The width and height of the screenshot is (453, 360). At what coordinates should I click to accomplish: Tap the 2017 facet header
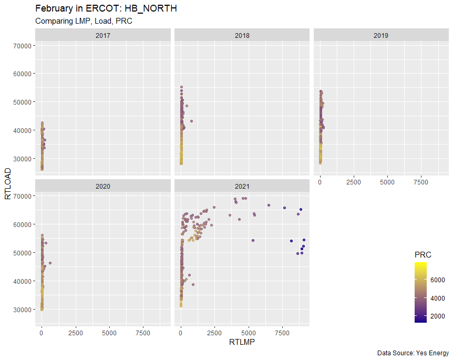coord(103,36)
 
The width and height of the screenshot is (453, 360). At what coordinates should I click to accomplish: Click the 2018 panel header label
coord(242,36)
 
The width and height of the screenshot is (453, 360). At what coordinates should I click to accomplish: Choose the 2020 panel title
coord(103,186)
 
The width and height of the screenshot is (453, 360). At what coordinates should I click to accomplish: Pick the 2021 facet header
coord(242,186)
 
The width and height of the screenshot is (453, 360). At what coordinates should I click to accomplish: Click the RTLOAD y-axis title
coord(8,184)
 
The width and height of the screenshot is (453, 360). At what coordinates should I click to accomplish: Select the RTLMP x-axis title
coord(242,342)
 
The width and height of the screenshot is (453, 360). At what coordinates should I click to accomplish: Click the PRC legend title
coord(423,255)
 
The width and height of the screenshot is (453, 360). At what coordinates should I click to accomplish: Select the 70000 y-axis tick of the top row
coord(21,46)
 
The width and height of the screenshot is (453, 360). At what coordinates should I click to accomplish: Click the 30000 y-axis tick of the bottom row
coord(21,310)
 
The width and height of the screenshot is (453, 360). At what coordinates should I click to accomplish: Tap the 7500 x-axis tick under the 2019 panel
coord(421,182)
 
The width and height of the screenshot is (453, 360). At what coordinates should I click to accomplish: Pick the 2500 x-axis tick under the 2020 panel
coord(76,333)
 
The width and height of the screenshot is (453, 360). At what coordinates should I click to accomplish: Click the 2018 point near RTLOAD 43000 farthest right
coord(191,121)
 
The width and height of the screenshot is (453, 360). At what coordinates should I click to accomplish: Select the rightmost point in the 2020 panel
coord(50,263)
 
